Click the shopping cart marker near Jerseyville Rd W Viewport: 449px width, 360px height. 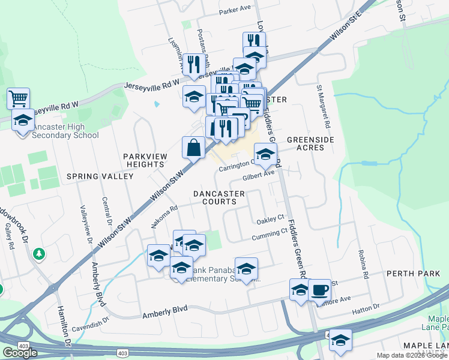pyautogui.click(x=19, y=98)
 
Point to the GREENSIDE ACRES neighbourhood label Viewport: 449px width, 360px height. pyautogui.click(x=310, y=143)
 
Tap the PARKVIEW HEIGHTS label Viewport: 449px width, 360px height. pyautogui.click(x=153, y=160)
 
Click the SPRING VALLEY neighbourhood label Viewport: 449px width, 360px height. pyautogui.click(x=100, y=176)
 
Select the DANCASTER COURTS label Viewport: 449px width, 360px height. pyautogui.click(x=219, y=197)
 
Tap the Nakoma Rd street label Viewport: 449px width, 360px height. pyautogui.click(x=165, y=217)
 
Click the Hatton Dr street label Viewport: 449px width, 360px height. pyautogui.click(x=368, y=307)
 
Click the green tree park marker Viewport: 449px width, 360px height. pyautogui.click(x=40, y=254)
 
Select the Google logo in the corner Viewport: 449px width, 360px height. pyautogui.click(x=20, y=353)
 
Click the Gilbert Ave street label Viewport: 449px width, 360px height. pyautogui.click(x=259, y=176)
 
